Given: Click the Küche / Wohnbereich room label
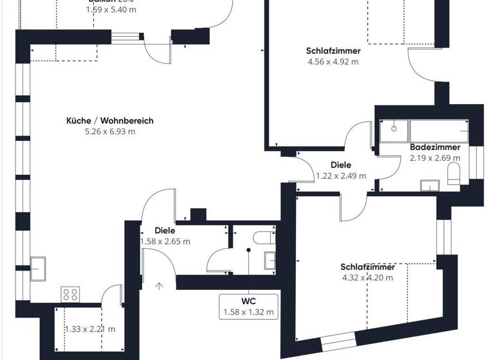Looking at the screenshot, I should (x=109, y=120).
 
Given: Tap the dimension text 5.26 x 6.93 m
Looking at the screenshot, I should (x=109, y=132).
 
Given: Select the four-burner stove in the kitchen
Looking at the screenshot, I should (x=69, y=294).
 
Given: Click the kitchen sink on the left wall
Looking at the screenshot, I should (x=38, y=265).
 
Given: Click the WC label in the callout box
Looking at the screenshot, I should (x=248, y=301).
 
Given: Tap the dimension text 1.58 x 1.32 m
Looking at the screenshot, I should (x=248, y=312).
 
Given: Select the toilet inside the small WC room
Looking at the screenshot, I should (x=262, y=237).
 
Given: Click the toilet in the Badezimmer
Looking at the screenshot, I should (x=454, y=173).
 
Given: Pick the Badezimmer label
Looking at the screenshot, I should (x=435, y=147).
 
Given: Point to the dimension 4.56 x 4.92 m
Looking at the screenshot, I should (x=333, y=62).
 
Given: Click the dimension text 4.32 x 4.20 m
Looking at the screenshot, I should (x=367, y=278).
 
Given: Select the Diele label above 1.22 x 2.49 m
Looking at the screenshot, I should (x=341, y=165).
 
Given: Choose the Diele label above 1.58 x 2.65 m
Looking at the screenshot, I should (x=165, y=230).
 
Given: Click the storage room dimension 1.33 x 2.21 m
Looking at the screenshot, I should (x=90, y=329).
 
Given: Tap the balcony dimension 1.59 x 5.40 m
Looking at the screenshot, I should (x=111, y=10).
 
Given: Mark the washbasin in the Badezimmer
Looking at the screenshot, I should (x=429, y=186).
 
